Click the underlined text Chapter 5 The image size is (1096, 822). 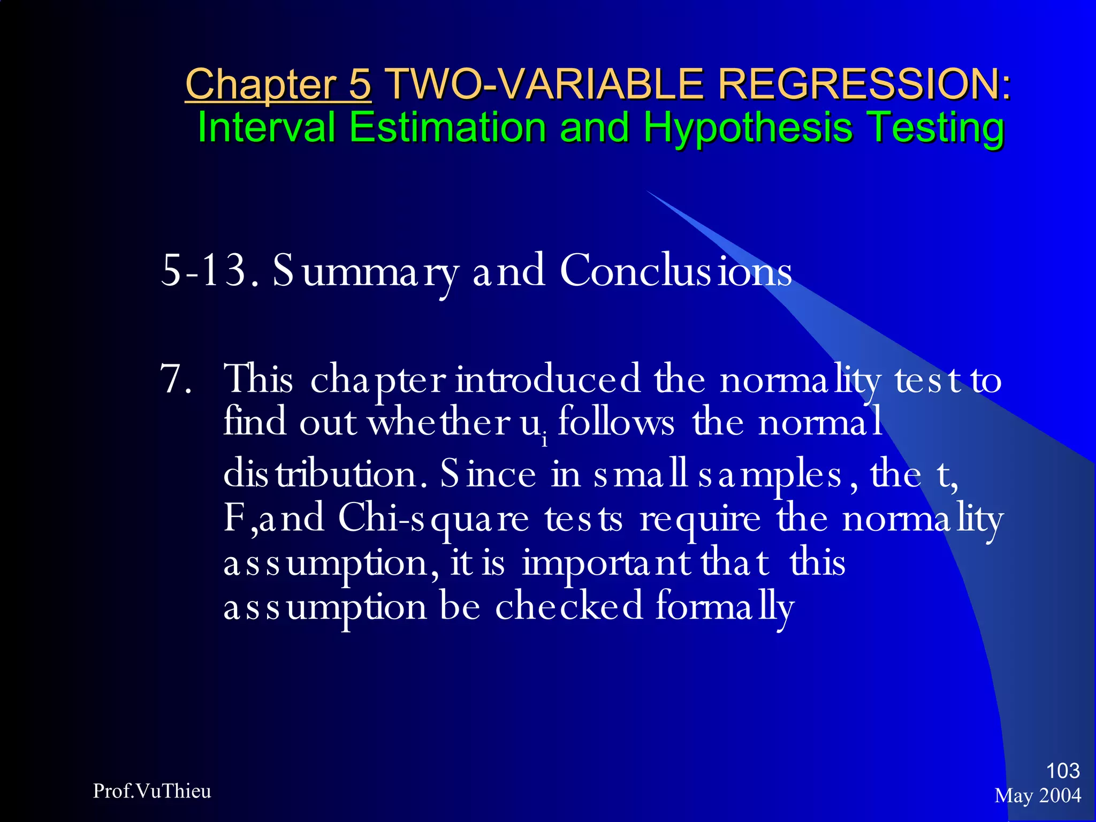[278, 84]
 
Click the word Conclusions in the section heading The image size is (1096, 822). [676, 271]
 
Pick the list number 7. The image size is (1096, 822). [176, 379]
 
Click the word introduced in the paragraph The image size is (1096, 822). [547, 379]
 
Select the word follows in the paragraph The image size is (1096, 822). [616, 423]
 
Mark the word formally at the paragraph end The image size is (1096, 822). [725, 608]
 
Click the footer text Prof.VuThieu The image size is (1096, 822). [152, 791]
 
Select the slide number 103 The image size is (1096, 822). [1063, 771]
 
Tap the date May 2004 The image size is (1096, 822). [1038, 796]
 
